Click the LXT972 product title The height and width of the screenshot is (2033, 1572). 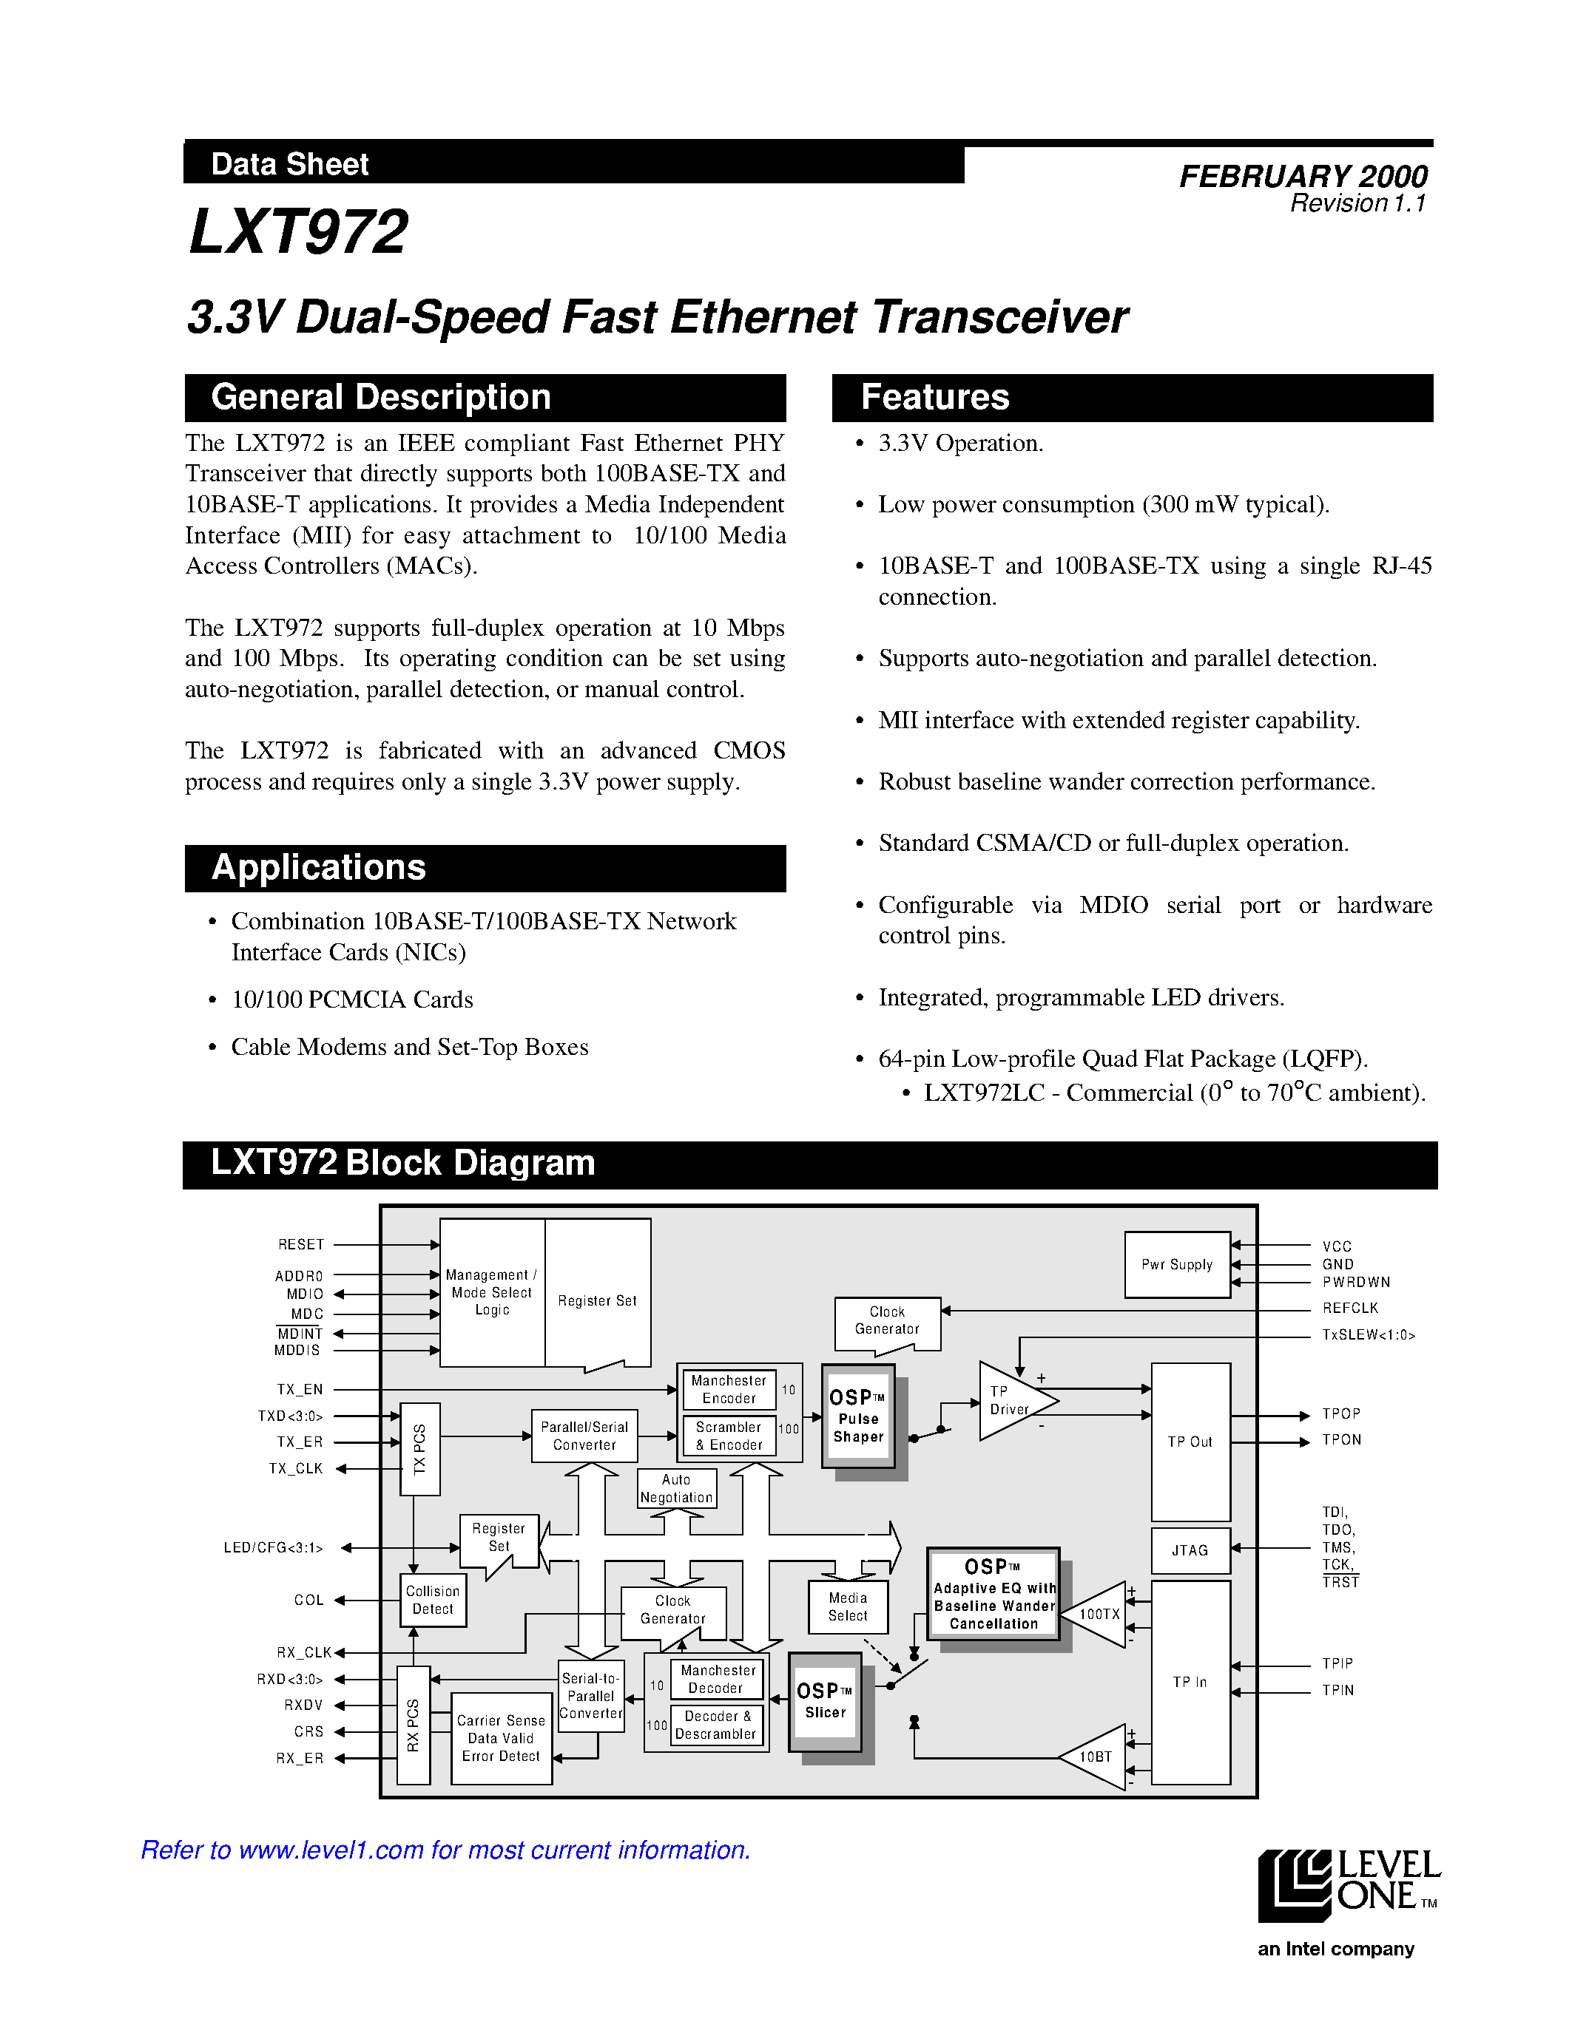298,233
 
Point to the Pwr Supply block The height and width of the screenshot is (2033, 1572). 1176,1264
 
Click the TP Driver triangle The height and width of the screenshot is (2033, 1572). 1011,1401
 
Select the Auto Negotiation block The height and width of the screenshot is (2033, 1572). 676,1488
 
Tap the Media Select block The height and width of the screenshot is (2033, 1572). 848,1606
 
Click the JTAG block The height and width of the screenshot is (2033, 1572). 1190,1550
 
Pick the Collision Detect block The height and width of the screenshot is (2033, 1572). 433,1600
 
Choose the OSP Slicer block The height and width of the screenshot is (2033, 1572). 825,1700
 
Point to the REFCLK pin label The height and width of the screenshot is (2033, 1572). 1349,1308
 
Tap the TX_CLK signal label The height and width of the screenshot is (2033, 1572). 296,1469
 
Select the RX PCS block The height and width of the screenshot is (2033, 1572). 414,1725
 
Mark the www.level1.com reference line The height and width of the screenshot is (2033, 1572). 445,1850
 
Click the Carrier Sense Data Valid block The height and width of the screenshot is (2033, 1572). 501,1738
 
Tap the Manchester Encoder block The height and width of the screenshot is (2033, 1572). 728,1390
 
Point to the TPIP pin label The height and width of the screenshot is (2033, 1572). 1337,1663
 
